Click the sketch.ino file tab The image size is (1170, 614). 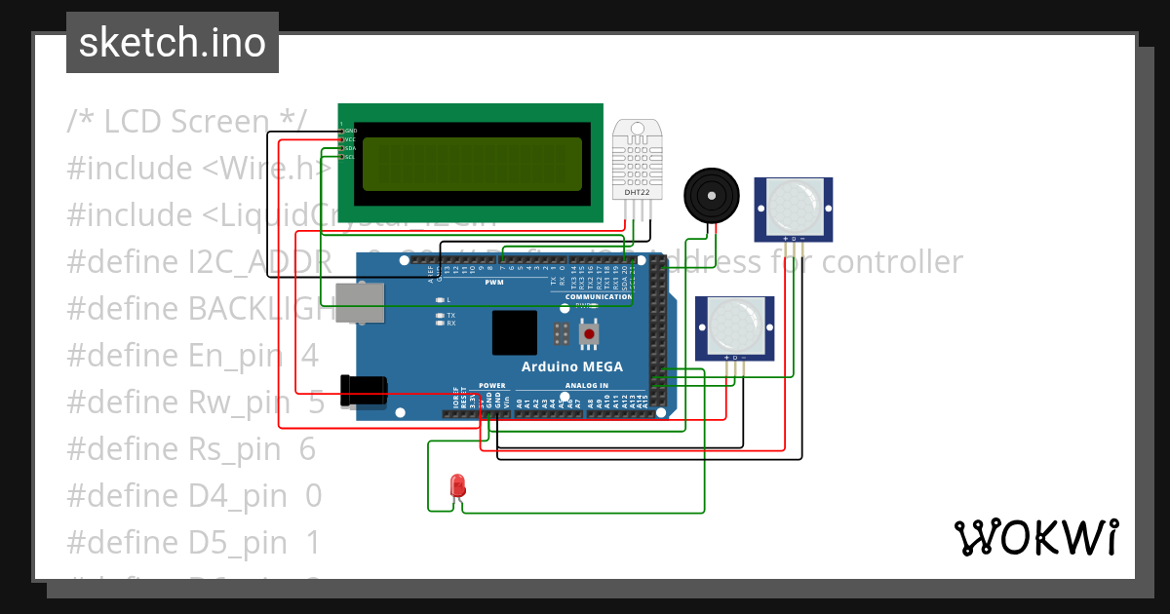pyautogui.click(x=172, y=43)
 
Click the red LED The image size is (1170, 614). pyautogui.click(x=456, y=485)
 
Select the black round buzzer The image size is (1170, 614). pyautogui.click(x=711, y=195)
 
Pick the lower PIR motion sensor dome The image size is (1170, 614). pyautogui.click(x=734, y=326)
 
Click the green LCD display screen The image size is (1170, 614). pyautogui.click(x=472, y=164)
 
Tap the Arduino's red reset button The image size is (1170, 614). pyautogui.click(x=589, y=334)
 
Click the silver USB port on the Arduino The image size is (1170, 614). pyautogui.click(x=359, y=302)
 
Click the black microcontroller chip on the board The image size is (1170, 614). pyautogui.click(x=514, y=333)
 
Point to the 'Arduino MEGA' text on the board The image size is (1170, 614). pyautogui.click(x=571, y=367)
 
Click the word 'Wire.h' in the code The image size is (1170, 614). pyautogui.click(x=268, y=169)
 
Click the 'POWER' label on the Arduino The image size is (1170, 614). pyautogui.click(x=492, y=385)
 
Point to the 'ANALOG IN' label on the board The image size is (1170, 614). pyautogui.click(x=586, y=385)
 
